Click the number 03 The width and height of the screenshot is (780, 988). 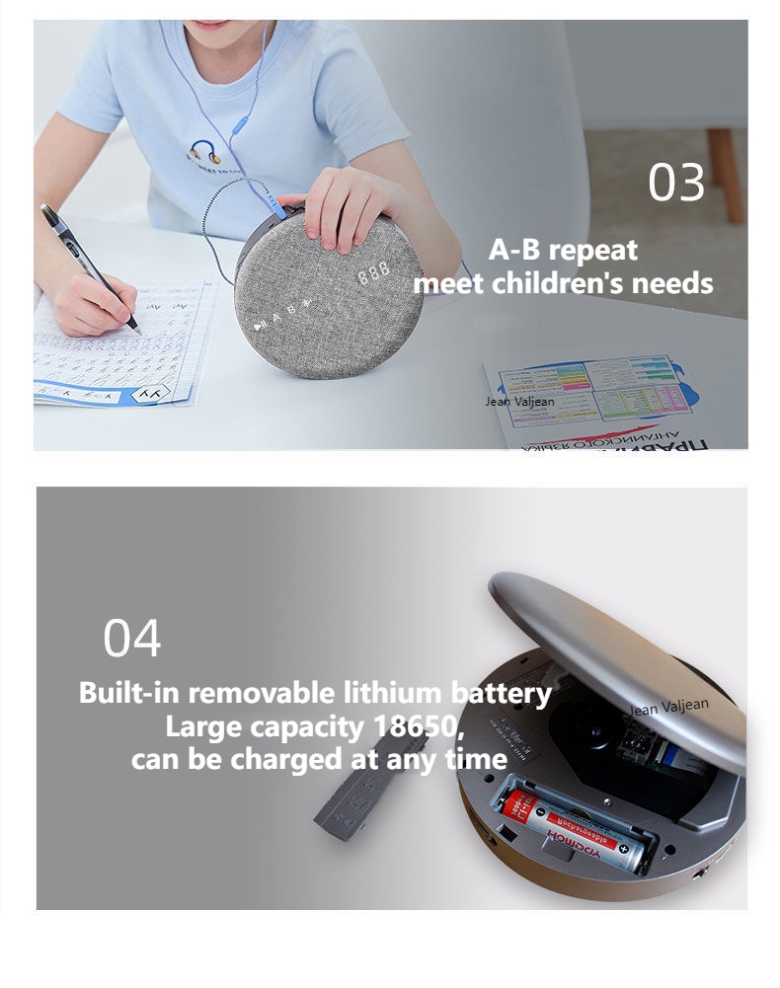[x=676, y=184]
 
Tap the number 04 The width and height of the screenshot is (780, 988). [x=131, y=639]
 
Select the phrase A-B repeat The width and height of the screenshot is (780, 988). [x=563, y=250]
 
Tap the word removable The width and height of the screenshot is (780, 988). [x=264, y=693]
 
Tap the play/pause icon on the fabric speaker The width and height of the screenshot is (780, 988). [x=259, y=324]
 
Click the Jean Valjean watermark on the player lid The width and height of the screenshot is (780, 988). [x=670, y=709]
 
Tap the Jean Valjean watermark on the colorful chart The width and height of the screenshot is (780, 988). [x=519, y=402]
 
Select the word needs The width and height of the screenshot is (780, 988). [x=675, y=284]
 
